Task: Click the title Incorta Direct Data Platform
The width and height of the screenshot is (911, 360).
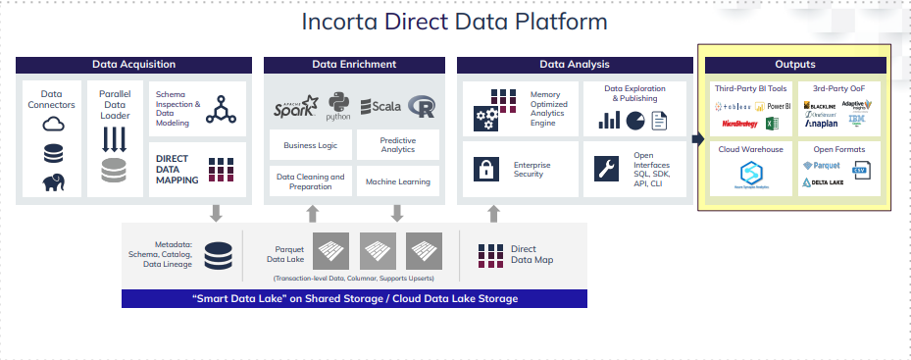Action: tap(454, 22)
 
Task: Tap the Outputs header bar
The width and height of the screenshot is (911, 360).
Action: tap(794, 65)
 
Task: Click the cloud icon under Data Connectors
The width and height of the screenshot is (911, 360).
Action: tap(52, 125)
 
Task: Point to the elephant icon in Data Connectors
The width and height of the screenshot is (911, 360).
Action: tap(52, 182)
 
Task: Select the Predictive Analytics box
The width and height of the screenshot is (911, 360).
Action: tap(397, 144)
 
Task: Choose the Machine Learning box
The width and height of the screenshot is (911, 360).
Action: tap(397, 181)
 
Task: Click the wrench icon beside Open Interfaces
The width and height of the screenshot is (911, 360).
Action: tap(608, 168)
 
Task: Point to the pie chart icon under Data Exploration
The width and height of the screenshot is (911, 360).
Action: tap(634, 121)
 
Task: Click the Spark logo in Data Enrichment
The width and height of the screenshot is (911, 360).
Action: tap(296, 105)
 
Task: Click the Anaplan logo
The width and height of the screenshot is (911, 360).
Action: tap(822, 124)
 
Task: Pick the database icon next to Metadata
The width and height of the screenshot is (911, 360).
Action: tap(218, 254)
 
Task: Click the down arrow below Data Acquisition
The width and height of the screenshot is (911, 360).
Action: tap(217, 213)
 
